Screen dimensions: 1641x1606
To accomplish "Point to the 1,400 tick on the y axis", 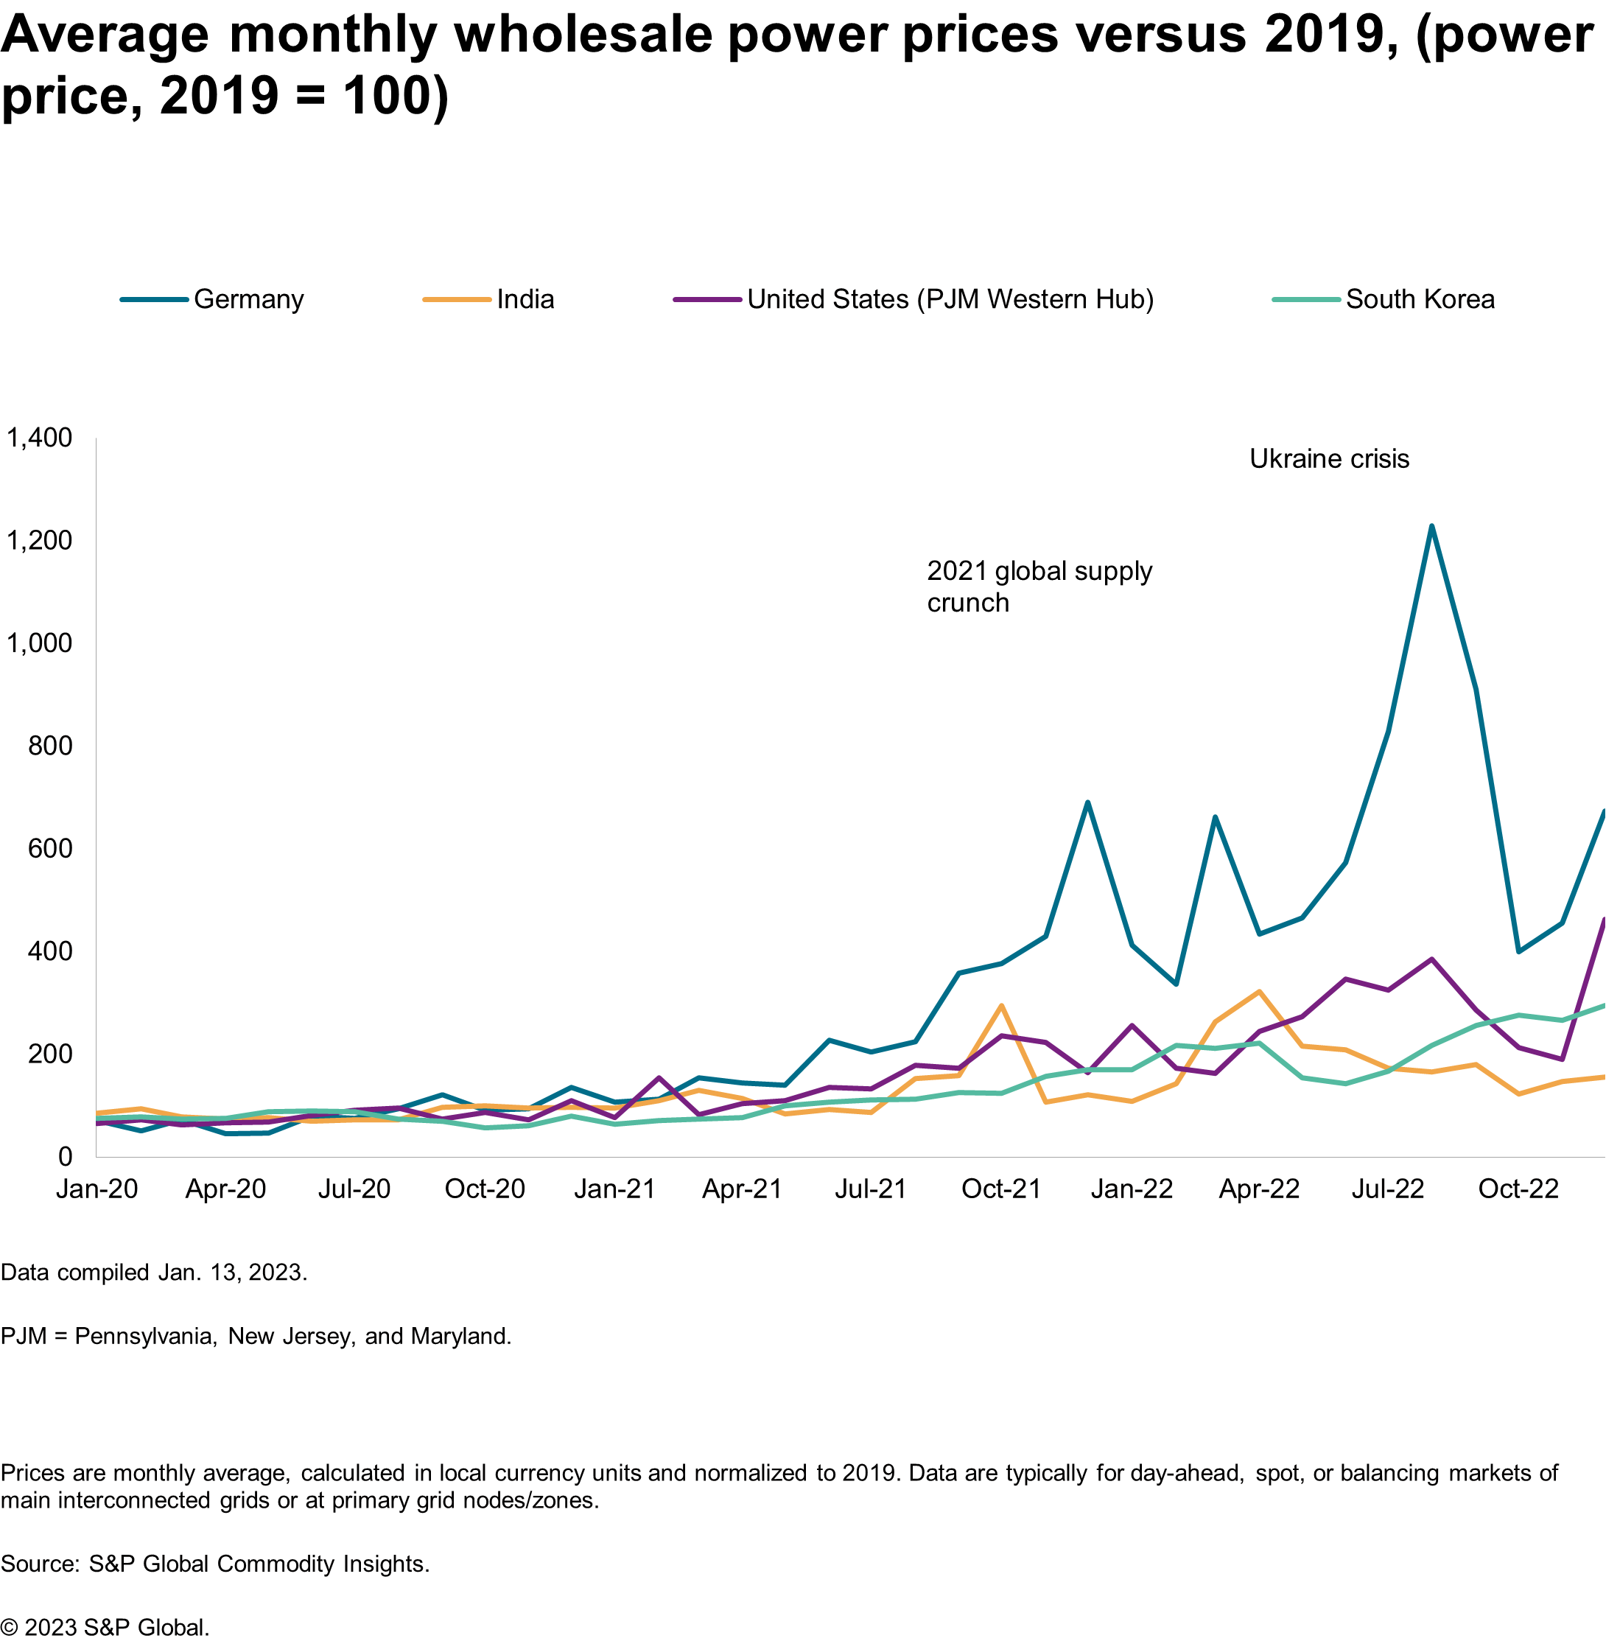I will click(x=40, y=437).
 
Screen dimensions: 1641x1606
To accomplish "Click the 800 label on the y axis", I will click(x=51, y=745).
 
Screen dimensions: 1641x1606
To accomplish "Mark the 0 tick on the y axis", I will click(x=65, y=1156).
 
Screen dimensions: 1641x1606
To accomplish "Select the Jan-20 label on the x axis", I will click(x=97, y=1189).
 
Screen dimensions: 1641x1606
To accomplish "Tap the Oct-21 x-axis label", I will click(x=1001, y=1189).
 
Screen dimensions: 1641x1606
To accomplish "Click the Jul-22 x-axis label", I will click(x=1387, y=1189).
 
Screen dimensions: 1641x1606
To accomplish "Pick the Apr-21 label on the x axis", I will click(x=743, y=1189).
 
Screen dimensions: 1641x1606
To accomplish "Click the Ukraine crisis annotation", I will click(x=1329, y=459).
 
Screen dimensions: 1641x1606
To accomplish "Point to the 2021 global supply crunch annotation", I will click(x=1039, y=587).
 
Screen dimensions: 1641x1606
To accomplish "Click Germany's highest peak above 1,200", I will click(x=1431, y=526).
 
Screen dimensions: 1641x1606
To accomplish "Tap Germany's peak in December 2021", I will click(x=1087, y=802).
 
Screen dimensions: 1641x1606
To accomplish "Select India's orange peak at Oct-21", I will click(x=1001, y=1005).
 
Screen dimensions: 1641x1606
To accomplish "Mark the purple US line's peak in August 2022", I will click(x=1431, y=959).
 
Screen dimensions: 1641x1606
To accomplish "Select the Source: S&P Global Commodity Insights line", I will click(x=215, y=1564).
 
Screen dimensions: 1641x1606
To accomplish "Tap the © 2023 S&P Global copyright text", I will click(x=105, y=1628).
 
